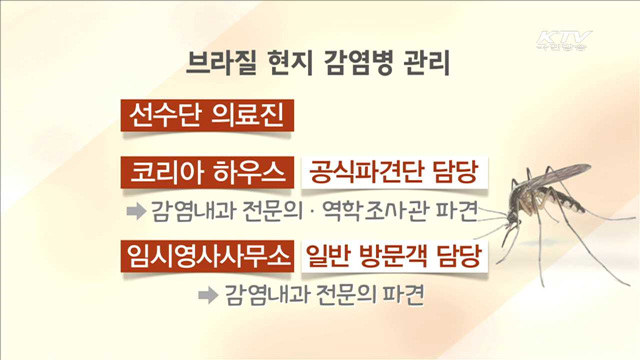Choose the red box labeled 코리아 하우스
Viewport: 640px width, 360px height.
pos(206,174)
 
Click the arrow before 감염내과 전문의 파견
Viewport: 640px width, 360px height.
pos(207,295)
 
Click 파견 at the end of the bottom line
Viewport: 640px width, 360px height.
pos(406,295)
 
